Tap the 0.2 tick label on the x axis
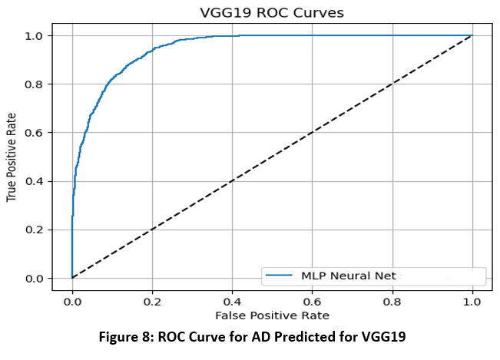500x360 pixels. (152, 302)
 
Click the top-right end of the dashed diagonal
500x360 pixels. (472, 35)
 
